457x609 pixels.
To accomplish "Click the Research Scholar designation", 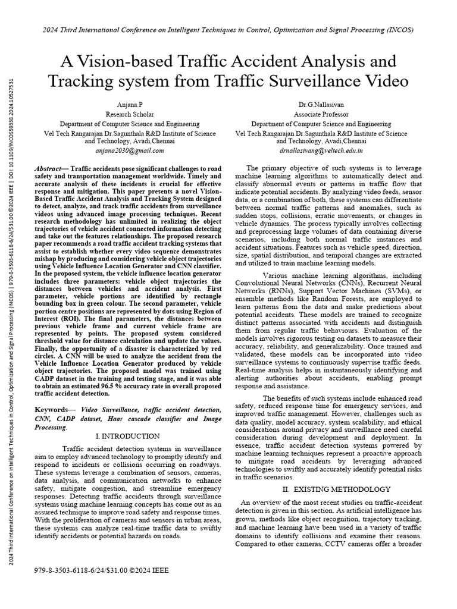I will (129, 114).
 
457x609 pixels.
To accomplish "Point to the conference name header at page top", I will (228, 29).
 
